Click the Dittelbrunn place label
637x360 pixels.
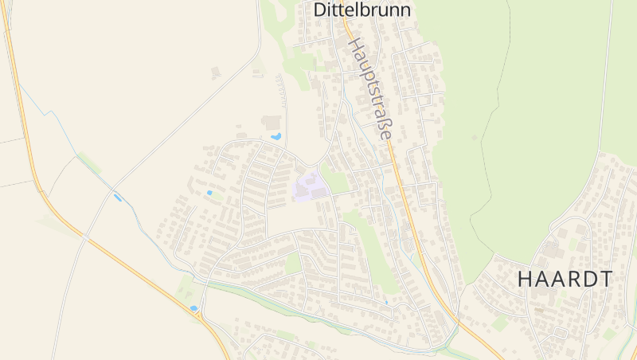pos(362,10)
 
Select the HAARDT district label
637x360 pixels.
pos(565,280)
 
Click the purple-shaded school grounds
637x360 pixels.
pos(310,186)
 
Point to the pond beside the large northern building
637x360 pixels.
pos(276,137)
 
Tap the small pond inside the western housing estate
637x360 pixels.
pos(209,192)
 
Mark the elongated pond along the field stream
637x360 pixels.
pos(118,197)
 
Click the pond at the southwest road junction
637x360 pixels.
pos(193,307)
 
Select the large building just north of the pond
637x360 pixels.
pos(272,122)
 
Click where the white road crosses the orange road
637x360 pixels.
pos(85,237)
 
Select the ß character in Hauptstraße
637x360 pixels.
pos(383,124)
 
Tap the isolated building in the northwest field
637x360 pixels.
pos(216,72)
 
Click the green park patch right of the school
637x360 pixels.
pos(339,182)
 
